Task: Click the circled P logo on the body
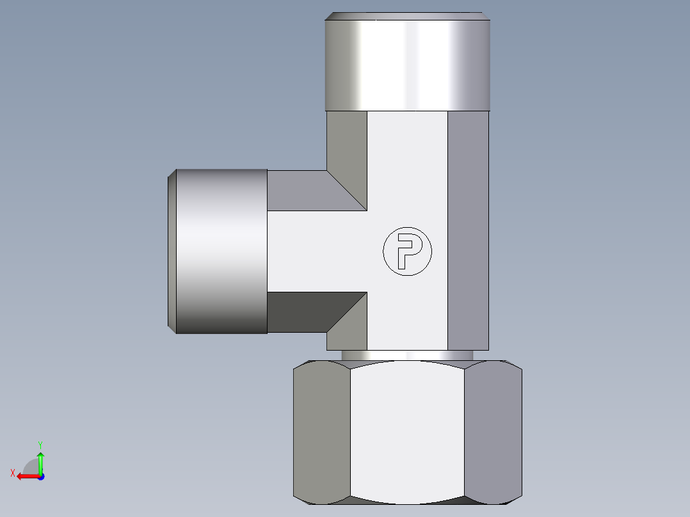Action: [407, 251]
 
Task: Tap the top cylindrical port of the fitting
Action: [407, 64]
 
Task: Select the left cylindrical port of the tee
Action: [221, 251]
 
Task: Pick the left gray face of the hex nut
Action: [322, 432]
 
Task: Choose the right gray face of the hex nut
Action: [492, 432]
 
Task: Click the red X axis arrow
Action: [26, 476]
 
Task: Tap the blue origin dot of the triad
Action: [40, 476]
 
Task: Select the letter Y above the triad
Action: [40, 444]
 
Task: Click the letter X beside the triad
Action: [12, 473]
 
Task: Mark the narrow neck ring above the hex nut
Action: [407, 355]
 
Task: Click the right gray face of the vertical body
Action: [467, 230]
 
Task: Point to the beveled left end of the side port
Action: [172, 251]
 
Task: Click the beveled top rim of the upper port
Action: [407, 16]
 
